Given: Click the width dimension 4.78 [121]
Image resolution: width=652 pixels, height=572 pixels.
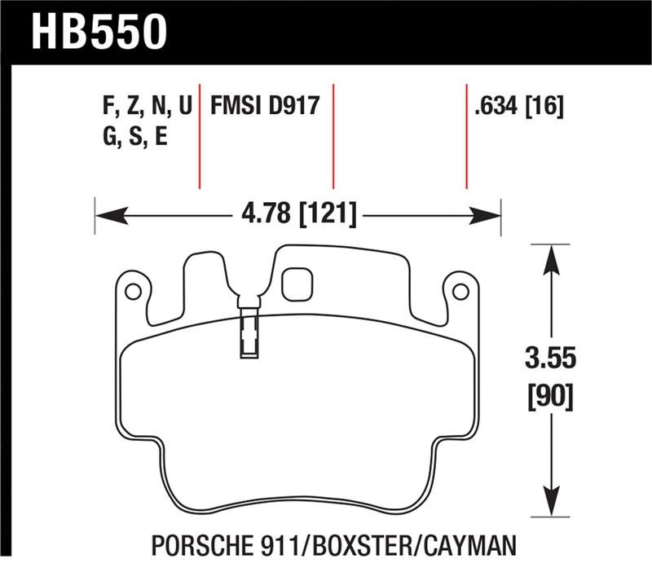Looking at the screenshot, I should [297, 215].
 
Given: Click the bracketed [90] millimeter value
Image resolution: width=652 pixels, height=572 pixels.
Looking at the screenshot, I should [553, 398].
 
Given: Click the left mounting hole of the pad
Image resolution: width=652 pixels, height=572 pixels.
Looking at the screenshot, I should [133, 290].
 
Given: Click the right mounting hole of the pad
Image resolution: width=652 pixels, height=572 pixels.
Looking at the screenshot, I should [460, 290].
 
